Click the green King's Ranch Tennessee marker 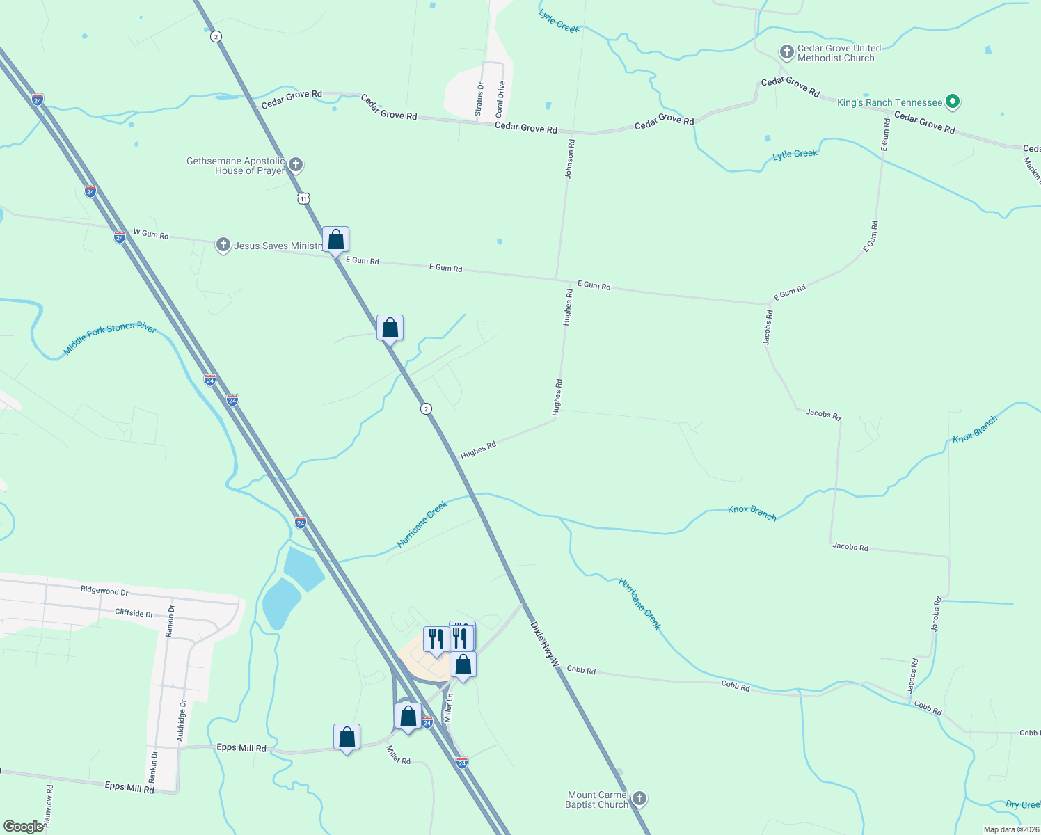tap(953, 102)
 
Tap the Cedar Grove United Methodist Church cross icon tap(786, 52)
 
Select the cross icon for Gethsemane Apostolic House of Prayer tap(296, 165)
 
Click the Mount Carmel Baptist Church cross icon tap(639, 799)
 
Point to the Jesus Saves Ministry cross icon tap(223, 245)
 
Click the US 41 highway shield tap(303, 198)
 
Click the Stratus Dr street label tap(479, 99)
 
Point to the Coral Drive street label tap(500, 99)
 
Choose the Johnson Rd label tap(570, 159)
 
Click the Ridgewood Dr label tap(104, 590)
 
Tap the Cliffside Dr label tap(134, 613)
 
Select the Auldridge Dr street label tap(182, 720)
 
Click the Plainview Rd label tap(49, 806)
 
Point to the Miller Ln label tap(449, 706)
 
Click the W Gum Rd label tap(151, 234)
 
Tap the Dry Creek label tap(1022, 804)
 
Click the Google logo tap(24, 827)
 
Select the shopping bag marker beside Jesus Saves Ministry tap(335, 240)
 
